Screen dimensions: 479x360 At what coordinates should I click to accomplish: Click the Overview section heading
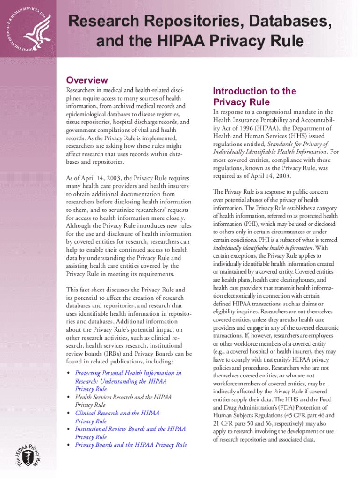[86, 80]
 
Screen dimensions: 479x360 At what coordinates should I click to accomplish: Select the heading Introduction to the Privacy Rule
[254, 96]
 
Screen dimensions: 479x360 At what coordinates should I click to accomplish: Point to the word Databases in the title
[267, 21]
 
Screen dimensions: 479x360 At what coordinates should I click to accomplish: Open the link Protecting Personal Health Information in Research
[128, 373]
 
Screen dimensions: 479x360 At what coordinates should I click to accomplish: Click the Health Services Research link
[123, 397]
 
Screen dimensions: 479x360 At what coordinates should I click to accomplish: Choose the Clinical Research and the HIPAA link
[117, 413]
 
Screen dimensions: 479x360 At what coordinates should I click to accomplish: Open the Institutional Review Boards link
[130, 429]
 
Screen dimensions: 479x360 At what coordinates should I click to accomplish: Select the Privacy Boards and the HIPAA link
[131, 445]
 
